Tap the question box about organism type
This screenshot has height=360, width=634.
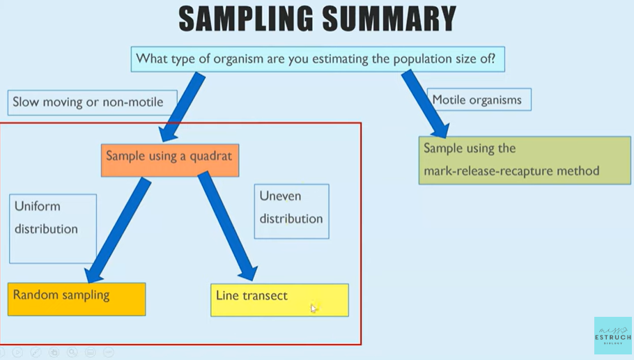[317, 59]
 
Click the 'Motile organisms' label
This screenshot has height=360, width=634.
[479, 100]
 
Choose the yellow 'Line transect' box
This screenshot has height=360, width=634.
[279, 299]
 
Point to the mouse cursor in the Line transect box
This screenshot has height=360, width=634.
[314, 308]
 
